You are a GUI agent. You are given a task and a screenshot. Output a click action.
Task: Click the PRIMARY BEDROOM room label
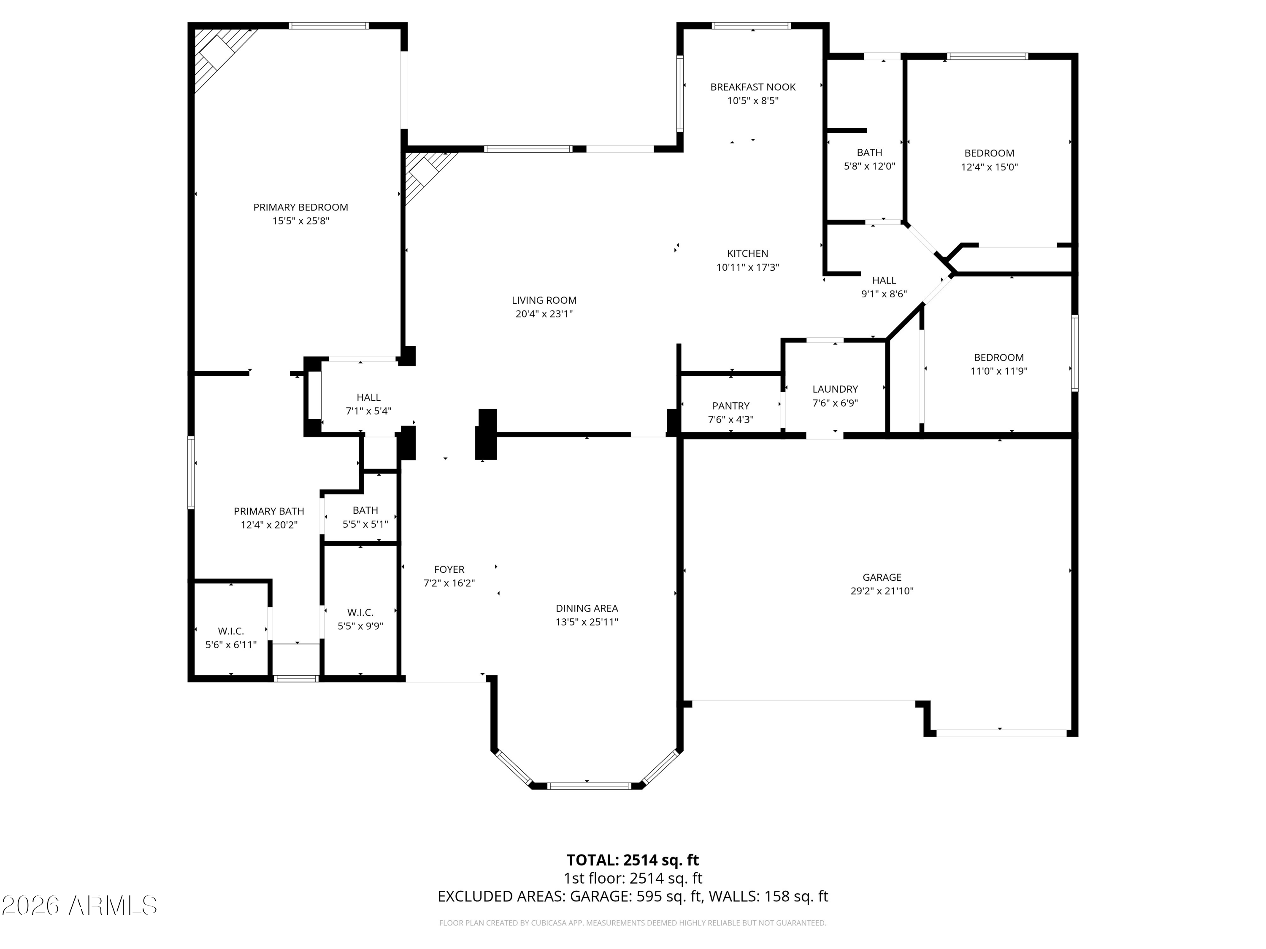[x=300, y=207]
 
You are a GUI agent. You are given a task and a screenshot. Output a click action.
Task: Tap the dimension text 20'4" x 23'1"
[x=544, y=313]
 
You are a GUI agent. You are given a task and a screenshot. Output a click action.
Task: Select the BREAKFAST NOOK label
[x=752, y=87]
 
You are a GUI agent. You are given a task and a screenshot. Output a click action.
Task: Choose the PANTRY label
[x=730, y=406]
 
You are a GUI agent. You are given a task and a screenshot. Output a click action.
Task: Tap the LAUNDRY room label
[x=835, y=389]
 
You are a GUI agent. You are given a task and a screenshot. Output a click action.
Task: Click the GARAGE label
[x=882, y=577]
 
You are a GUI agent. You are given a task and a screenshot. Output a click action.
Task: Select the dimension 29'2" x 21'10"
[x=882, y=591]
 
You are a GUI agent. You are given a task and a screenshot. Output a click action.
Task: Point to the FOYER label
[x=449, y=569]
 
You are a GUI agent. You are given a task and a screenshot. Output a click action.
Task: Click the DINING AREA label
[x=587, y=608]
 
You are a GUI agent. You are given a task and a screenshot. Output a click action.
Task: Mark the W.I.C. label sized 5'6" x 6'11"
[x=231, y=631]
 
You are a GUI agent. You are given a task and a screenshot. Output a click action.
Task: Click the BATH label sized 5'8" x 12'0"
[x=869, y=152]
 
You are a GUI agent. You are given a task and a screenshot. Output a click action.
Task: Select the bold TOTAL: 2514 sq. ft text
[x=633, y=860]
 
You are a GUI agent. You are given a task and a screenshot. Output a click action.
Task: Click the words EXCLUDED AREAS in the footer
[x=501, y=896]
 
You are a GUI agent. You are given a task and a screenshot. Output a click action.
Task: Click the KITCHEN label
[x=747, y=253]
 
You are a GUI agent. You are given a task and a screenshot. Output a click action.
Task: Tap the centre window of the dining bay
[x=589, y=786]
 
